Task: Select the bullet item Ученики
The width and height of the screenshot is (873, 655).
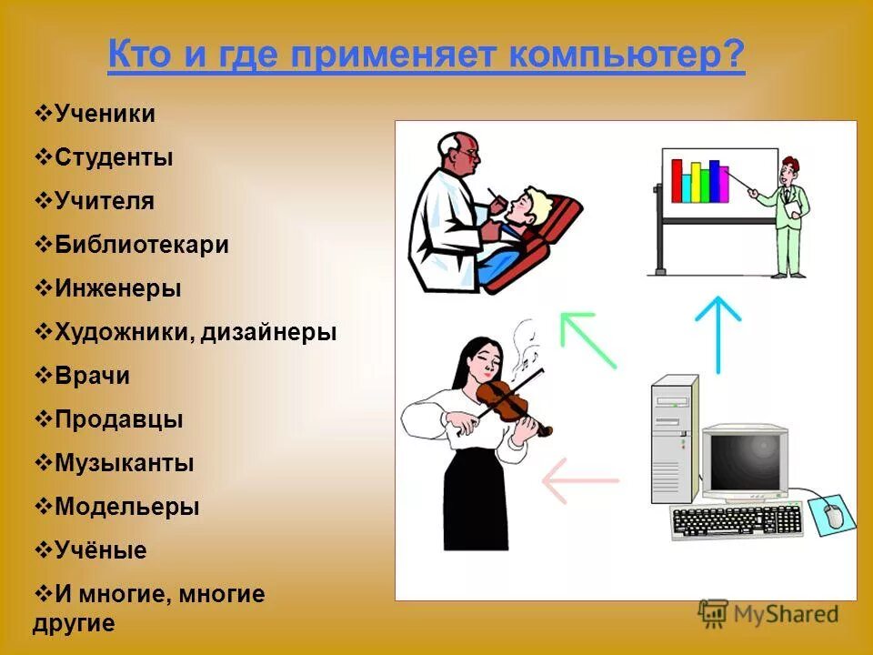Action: (x=105, y=114)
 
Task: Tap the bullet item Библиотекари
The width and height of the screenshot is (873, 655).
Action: (x=141, y=245)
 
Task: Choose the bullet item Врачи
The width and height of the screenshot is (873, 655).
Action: (x=92, y=376)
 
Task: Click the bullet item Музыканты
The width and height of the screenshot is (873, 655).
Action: (x=124, y=463)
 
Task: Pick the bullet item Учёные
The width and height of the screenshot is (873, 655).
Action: (x=100, y=550)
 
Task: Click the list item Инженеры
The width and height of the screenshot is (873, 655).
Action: (x=117, y=288)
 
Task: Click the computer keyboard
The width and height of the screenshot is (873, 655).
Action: (x=737, y=521)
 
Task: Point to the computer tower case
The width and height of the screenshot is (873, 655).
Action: (x=673, y=438)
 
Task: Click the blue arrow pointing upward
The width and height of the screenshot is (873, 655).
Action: (x=718, y=333)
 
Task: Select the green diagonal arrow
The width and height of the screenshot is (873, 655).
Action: (x=587, y=339)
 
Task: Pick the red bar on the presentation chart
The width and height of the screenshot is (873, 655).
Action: (x=677, y=181)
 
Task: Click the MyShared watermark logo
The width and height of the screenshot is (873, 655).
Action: (x=768, y=614)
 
